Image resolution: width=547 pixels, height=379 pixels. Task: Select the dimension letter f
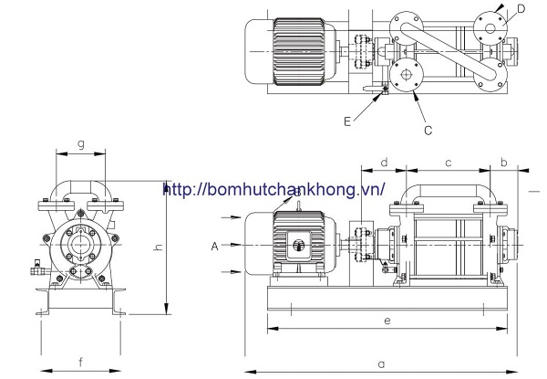pyautogui.click(x=80, y=363)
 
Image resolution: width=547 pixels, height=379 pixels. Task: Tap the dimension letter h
pyautogui.click(x=157, y=247)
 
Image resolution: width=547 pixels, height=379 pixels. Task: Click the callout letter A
pyautogui.click(x=213, y=246)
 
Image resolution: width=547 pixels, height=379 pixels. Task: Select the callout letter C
pyautogui.click(x=427, y=130)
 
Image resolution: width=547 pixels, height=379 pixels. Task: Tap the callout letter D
pyautogui.click(x=519, y=10)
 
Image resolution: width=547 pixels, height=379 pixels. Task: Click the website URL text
pyautogui.click(x=273, y=190)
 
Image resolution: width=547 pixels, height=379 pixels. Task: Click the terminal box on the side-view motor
pyautogui.click(x=297, y=244)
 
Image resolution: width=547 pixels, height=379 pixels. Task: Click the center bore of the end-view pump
pyautogui.click(x=80, y=245)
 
